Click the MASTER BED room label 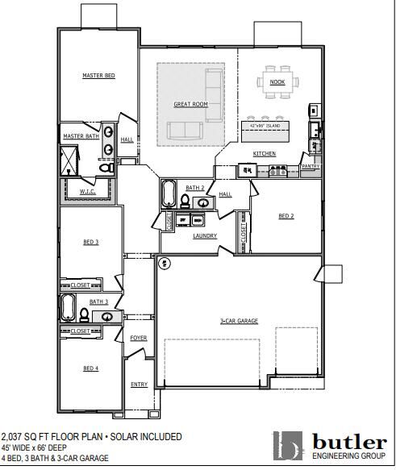98,76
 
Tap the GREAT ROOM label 191,105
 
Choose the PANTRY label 311,167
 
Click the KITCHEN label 265,153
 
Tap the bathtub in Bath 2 169,195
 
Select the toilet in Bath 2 185,201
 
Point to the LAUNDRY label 205,236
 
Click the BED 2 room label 286,216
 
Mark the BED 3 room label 91,242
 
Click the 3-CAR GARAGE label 239,321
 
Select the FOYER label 139,338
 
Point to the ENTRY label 139,385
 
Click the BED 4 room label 91,368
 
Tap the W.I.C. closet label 87,192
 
